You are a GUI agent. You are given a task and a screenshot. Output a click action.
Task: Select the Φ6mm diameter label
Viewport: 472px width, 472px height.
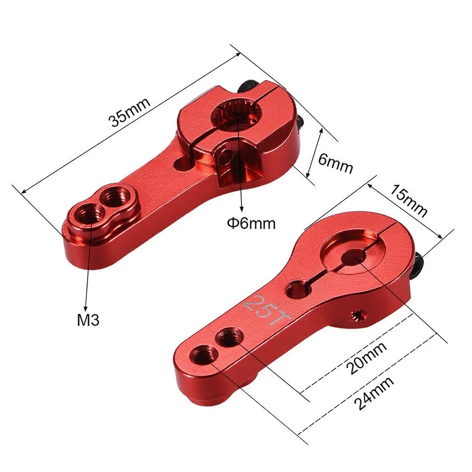251,223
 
